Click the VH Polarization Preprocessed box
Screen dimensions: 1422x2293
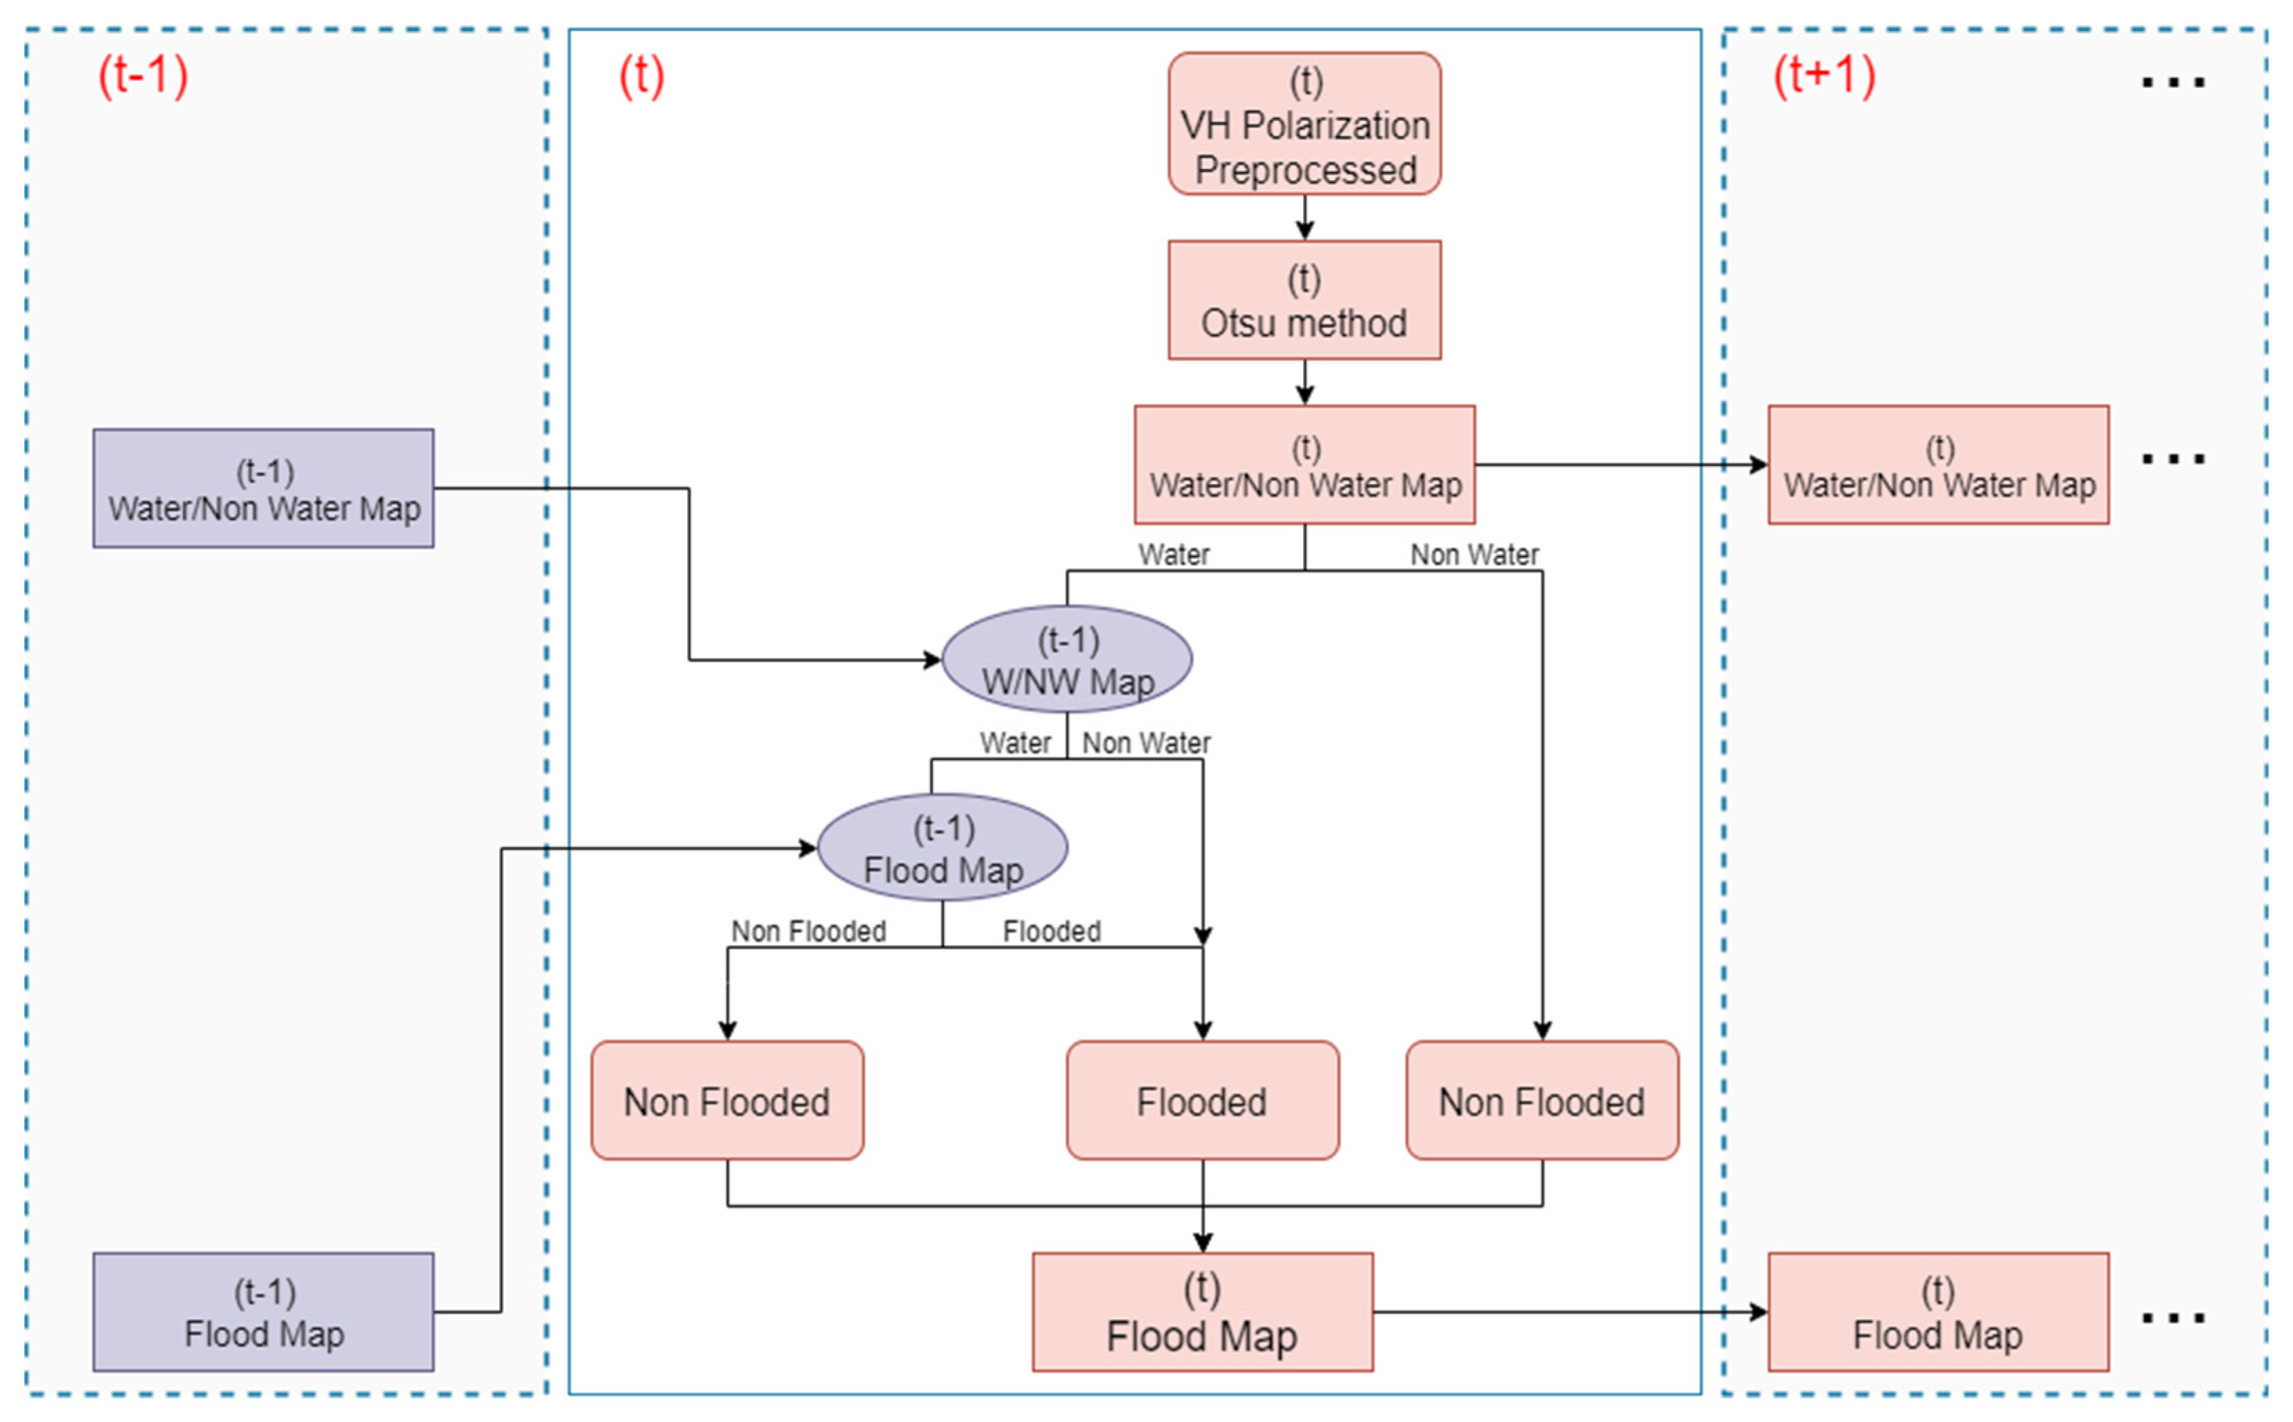(1304, 124)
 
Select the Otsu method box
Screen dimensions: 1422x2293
(1304, 300)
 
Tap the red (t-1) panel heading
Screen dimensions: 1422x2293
(143, 75)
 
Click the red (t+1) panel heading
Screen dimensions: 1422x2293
(1823, 75)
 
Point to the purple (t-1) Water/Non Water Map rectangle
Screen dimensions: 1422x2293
(263, 488)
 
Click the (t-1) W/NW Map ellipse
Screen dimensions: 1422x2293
(1067, 659)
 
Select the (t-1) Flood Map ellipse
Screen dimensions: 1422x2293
(942, 848)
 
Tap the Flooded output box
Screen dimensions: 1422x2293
(1202, 1100)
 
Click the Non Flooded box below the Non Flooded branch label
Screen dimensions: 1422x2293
(727, 1100)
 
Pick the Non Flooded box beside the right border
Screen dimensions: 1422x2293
(1542, 1100)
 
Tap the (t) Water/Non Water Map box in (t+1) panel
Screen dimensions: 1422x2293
(1937, 465)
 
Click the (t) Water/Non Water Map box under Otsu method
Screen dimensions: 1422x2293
(1304, 465)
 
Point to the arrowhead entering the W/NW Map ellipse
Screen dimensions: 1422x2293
(932, 660)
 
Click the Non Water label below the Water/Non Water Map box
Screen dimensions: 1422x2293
(1474, 555)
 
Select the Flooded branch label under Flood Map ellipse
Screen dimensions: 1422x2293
(1051, 931)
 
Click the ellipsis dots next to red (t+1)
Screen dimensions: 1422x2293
(2173, 83)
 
